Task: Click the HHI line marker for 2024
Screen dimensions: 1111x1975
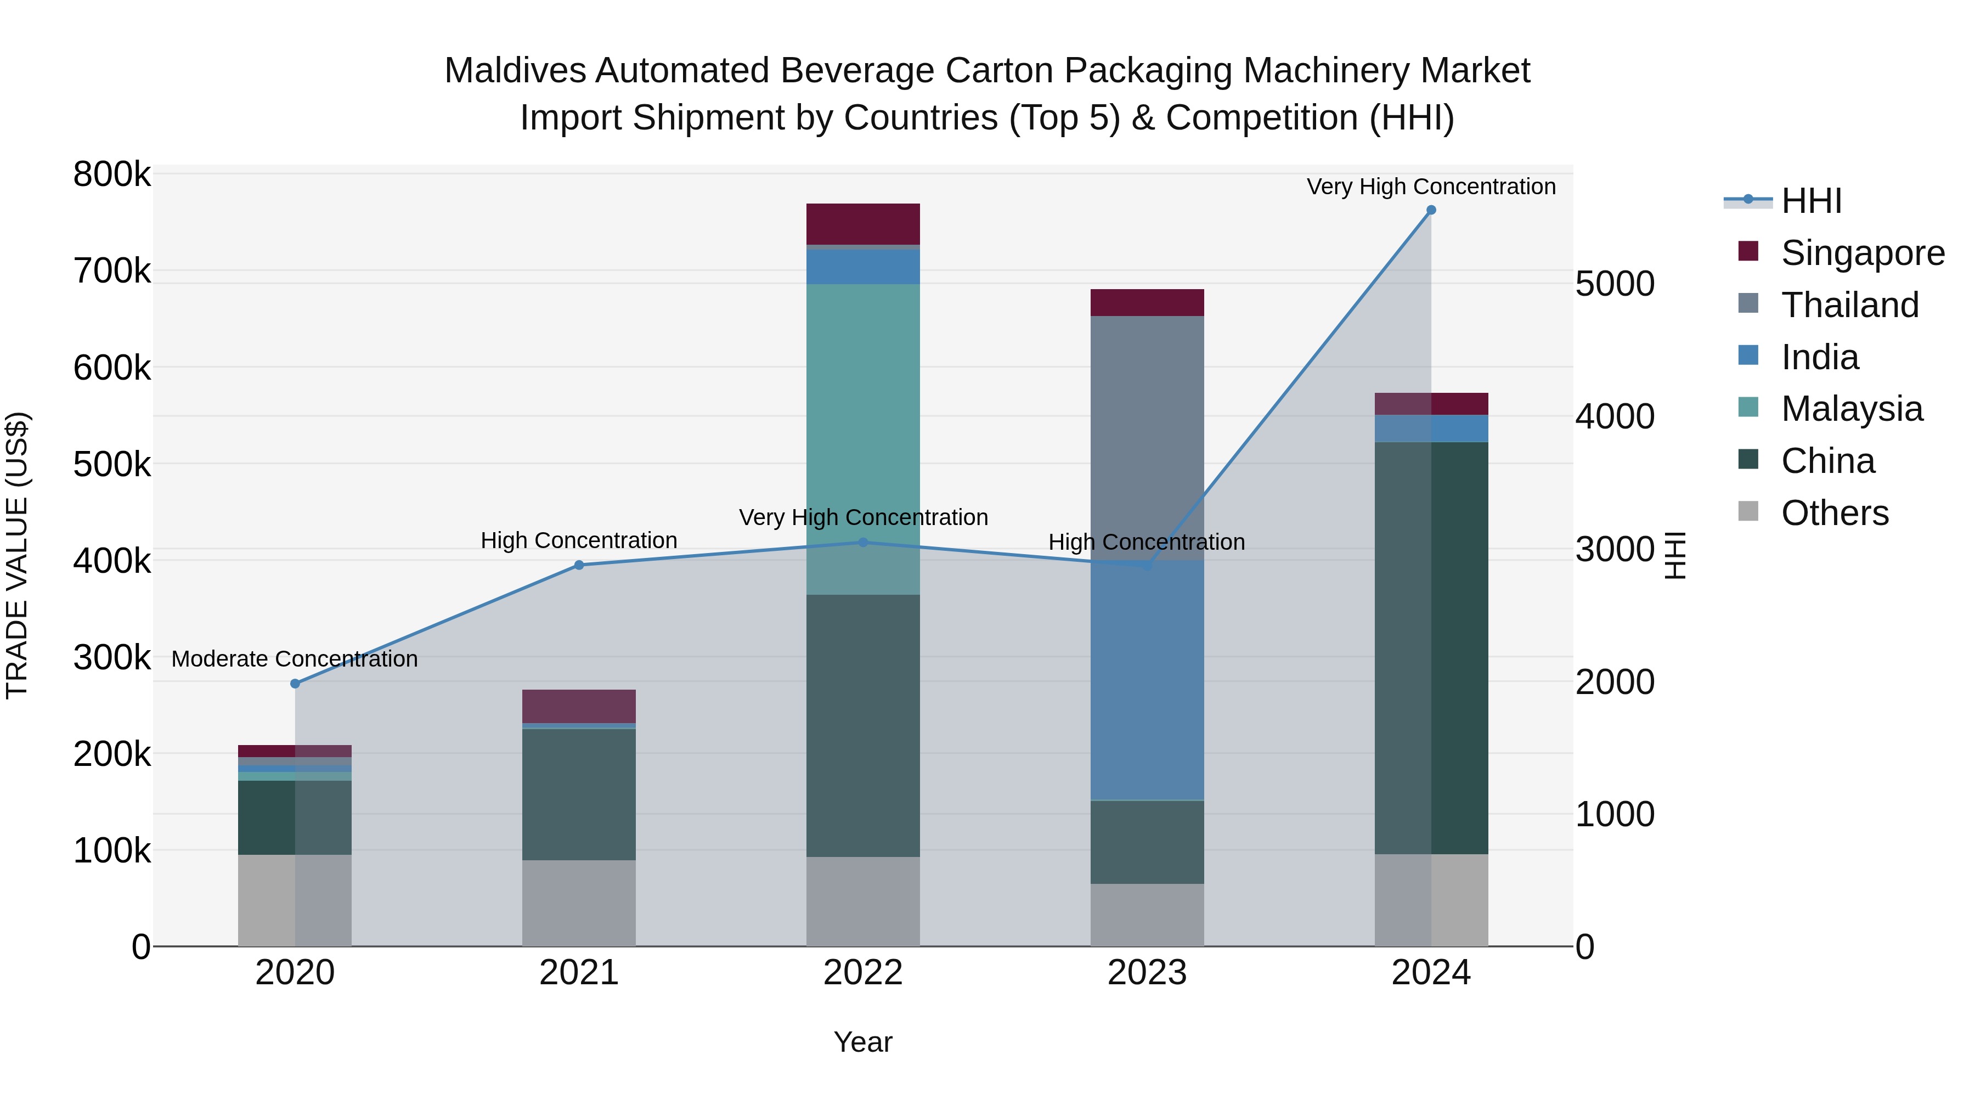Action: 1431,210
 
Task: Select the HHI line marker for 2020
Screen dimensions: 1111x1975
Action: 295,683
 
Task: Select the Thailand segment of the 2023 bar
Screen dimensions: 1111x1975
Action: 1147,437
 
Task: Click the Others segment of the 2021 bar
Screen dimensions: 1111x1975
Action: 579,903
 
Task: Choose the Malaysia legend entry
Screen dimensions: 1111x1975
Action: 1852,409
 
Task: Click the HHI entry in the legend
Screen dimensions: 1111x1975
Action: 1811,201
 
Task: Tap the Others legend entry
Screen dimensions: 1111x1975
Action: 1835,513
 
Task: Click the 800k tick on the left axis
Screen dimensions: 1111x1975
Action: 112,175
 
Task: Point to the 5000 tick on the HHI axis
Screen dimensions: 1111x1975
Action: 1615,284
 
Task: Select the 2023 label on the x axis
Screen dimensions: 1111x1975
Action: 1147,973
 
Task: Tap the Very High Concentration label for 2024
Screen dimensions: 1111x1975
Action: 1431,187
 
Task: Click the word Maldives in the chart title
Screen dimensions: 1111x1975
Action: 515,71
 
